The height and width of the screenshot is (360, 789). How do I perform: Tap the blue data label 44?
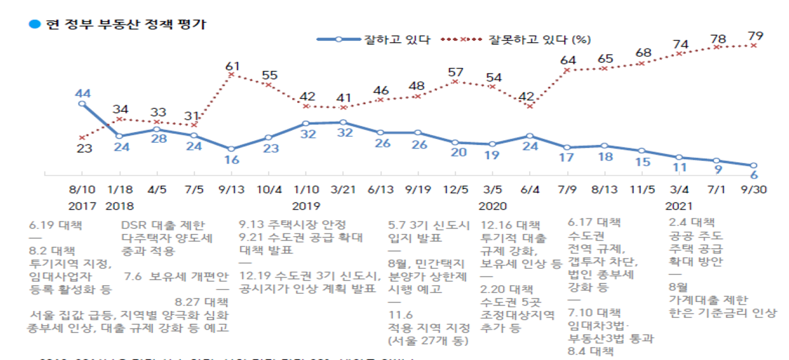(x=82, y=93)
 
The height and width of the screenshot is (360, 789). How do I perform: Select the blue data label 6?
(x=755, y=175)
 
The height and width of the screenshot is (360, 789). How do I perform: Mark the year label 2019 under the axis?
(x=306, y=206)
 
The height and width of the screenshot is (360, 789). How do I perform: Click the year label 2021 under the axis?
(x=679, y=206)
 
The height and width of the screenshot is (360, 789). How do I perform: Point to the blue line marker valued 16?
(x=231, y=149)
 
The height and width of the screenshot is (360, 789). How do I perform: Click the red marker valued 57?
(x=455, y=81)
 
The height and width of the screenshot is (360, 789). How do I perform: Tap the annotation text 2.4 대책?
(x=691, y=223)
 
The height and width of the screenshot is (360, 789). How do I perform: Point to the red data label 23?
(x=85, y=149)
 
